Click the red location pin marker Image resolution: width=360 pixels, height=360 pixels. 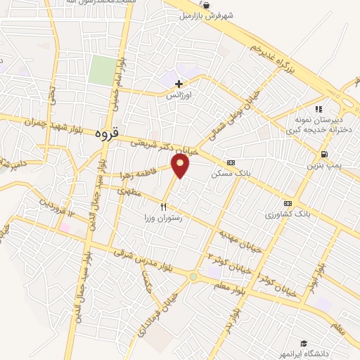point(181,166)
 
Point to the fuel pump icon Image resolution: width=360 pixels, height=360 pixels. point(323,155)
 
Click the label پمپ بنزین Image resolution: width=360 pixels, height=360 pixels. point(323,166)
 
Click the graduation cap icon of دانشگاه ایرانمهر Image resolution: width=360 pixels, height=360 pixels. point(303,343)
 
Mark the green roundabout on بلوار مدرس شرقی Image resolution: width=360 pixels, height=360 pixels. point(193,277)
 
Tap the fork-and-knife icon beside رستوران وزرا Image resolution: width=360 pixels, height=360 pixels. point(163,207)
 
